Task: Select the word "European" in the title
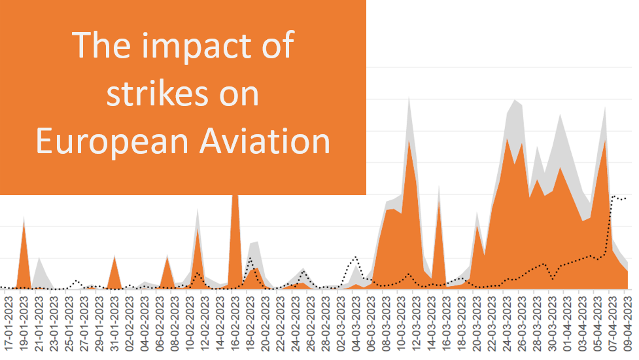click(x=105, y=141)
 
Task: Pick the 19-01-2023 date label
click(x=24, y=325)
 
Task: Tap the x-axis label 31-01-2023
click(x=114, y=325)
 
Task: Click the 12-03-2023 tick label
click(x=415, y=325)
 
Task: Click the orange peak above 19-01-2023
click(x=24, y=226)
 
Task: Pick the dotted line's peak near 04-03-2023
click(x=355, y=257)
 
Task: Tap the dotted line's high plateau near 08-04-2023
click(x=618, y=197)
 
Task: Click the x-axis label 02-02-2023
click(x=130, y=325)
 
